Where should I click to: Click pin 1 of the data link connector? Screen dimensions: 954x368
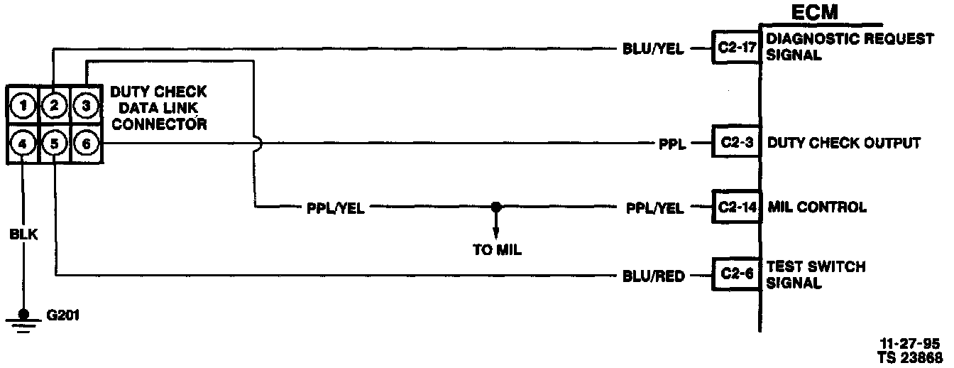click(23, 107)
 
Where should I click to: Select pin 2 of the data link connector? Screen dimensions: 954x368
click(55, 107)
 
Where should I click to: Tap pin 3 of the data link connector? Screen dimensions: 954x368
click(85, 107)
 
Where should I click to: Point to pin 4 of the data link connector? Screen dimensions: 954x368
click(23, 144)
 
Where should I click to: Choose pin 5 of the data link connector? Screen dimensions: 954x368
click(55, 144)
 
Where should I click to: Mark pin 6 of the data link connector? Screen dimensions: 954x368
click(85, 144)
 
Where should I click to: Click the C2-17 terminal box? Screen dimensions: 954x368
click(736, 48)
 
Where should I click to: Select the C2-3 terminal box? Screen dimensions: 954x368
click(736, 143)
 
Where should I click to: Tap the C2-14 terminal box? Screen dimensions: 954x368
click(736, 207)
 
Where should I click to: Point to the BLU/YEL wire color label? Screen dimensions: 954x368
click(652, 49)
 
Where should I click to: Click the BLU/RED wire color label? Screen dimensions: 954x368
click(652, 276)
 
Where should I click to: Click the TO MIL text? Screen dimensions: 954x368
click(497, 250)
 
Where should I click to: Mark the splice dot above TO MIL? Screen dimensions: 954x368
click(496, 207)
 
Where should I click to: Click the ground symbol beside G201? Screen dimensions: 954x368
click(23, 318)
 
